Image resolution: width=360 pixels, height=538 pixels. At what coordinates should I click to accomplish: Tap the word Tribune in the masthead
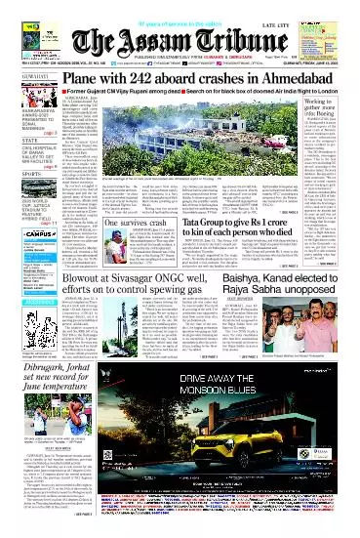tap(221, 41)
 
